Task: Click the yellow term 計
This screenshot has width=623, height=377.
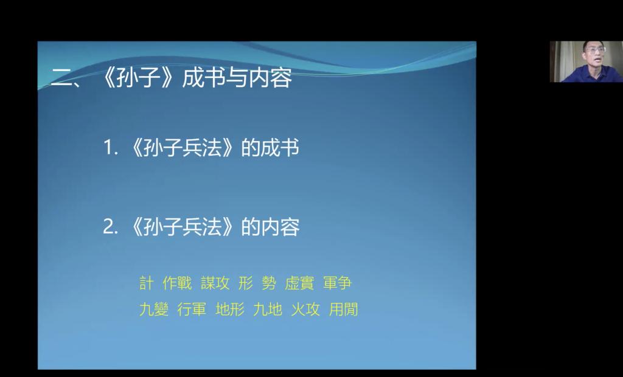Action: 146,283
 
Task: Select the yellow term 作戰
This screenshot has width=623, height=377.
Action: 177,283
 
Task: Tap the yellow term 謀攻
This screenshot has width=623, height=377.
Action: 215,283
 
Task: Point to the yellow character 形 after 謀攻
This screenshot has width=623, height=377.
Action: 246,283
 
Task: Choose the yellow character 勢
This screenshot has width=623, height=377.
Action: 269,283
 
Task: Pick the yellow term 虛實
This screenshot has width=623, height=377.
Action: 299,283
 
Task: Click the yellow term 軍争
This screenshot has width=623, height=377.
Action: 337,283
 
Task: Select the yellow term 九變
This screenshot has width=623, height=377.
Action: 154,309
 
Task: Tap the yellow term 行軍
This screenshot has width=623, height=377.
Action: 192,309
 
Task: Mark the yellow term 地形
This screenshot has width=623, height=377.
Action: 230,309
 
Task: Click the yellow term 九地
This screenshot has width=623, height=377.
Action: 268,309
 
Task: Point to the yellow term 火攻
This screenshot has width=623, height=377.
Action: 305,309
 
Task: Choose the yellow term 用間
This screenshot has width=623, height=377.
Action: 344,309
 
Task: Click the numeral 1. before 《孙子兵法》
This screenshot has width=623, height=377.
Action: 111,148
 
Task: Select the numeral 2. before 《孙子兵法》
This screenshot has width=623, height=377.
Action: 111,227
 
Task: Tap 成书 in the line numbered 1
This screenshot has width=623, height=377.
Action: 279,148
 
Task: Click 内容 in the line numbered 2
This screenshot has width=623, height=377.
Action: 280,227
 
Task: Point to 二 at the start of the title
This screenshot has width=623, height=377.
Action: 61,77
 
